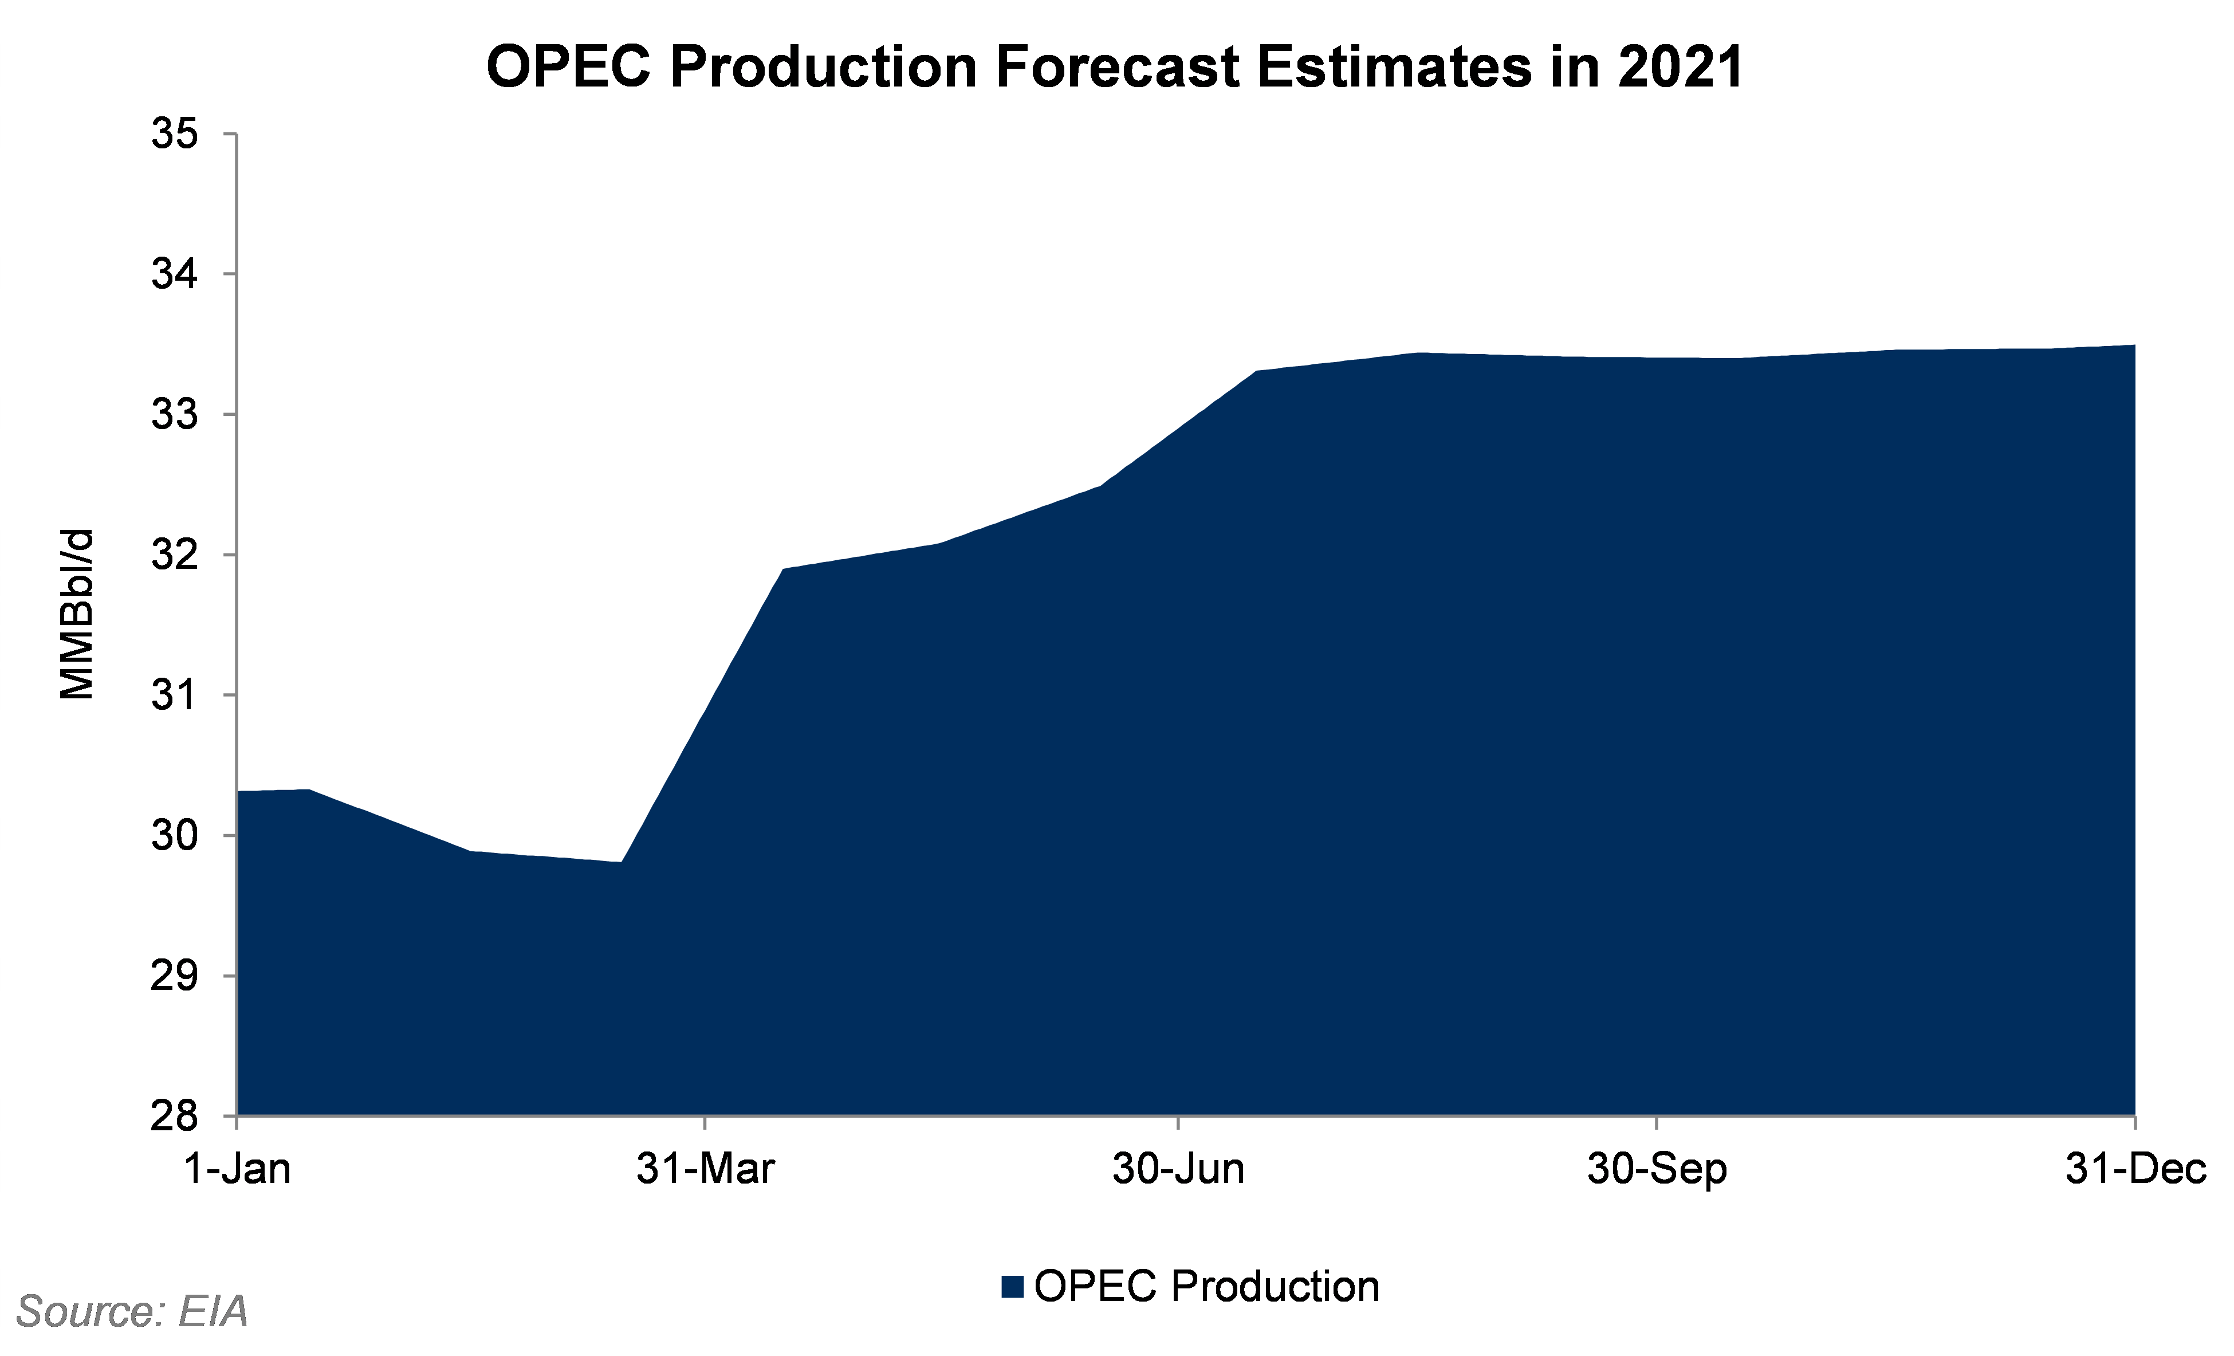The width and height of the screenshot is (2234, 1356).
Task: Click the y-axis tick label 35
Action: click(x=175, y=134)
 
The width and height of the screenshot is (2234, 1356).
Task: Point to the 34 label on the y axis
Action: click(x=175, y=274)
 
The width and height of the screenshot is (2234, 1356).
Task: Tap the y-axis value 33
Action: click(x=175, y=415)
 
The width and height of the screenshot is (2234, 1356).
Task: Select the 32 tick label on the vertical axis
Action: click(x=175, y=555)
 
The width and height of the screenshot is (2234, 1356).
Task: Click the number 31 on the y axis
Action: click(x=175, y=695)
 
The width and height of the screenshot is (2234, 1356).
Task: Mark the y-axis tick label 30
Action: click(x=175, y=835)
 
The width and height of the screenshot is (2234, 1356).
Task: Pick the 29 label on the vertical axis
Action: click(x=175, y=976)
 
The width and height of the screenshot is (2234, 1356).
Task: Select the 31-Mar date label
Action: click(x=705, y=1169)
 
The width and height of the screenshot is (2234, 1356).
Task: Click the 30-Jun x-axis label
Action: click(x=1179, y=1169)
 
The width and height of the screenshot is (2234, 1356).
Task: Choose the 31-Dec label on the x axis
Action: click(x=2135, y=1169)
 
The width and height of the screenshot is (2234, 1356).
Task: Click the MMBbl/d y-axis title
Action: click(x=77, y=614)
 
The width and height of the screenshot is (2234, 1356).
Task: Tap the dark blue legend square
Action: click(x=1013, y=1287)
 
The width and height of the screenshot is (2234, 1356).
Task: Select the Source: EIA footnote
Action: click(x=132, y=1311)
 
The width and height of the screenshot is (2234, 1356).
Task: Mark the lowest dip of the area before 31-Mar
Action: click(x=621, y=862)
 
